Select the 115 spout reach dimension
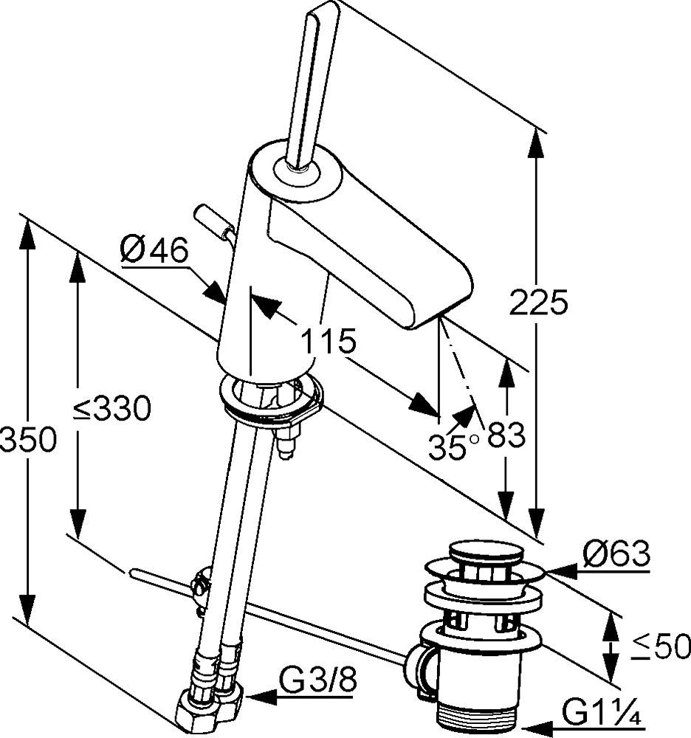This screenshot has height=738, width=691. [328, 341]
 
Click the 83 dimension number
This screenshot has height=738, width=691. [506, 435]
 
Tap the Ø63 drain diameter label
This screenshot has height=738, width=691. [616, 553]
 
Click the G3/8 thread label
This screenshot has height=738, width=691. [317, 680]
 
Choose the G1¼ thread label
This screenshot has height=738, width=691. [601, 715]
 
